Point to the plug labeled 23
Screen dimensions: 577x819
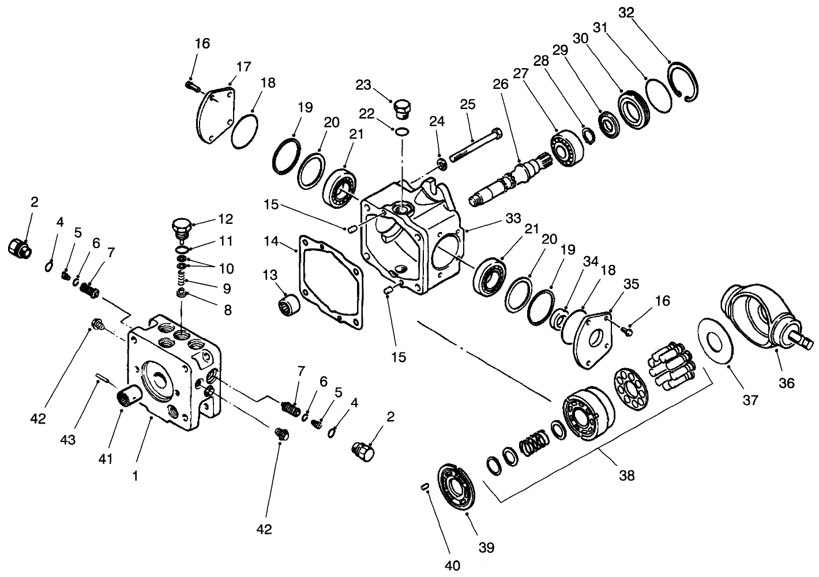tap(401, 108)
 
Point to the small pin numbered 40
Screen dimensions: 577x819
tap(424, 488)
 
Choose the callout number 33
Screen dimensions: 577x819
tap(513, 219)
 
